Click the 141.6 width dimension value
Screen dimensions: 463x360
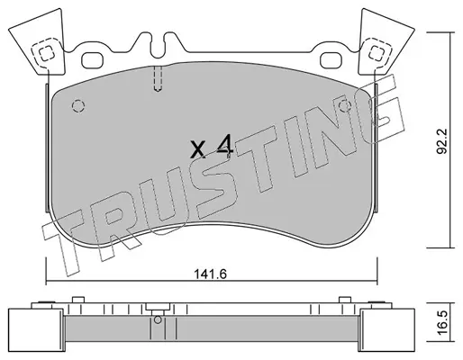tap(210, 274)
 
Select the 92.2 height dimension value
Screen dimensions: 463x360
tap(442, 141)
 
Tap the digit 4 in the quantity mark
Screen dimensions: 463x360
tap(226, 146)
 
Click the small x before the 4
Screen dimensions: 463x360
tap(198, 149)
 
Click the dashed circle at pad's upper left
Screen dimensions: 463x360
tap(78, 105)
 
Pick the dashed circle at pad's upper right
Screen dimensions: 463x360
tap(345, 105)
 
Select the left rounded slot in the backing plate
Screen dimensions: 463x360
tap(92, 60)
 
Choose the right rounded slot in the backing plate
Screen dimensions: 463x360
tap(331, 60)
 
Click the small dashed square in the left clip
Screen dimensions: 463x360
tap(47, 53)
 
